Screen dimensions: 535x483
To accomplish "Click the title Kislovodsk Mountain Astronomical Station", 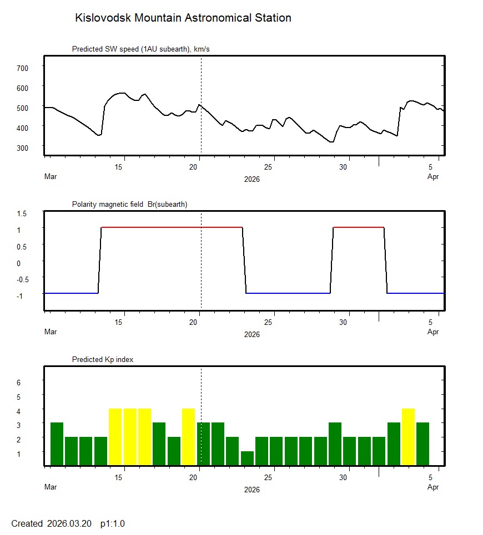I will click(183, 18).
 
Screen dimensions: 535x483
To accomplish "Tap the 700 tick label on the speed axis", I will click(22, 68).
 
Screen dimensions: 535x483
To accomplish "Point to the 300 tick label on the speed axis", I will click(22, 147).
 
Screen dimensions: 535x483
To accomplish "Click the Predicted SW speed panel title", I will click(140, 49).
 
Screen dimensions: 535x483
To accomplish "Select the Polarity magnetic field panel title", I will click(129, 204).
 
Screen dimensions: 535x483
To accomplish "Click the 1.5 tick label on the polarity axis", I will click(23, 213).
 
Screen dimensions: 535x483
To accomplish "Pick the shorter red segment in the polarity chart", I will click(358, 227).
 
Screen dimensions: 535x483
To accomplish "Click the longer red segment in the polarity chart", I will click(172, 227).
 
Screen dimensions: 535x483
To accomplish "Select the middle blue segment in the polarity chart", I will click(288, 293).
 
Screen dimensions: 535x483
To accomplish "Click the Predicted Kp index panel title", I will click(103, 359).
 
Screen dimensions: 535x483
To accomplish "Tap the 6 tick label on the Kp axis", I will click(18, 383).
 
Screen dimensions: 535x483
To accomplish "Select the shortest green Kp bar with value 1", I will click(247, 458).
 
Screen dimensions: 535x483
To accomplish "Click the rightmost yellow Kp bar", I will click(408, 437).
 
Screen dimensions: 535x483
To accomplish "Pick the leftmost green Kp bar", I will click(57, 444).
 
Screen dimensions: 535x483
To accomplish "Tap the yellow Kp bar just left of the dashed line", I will click(188, 437).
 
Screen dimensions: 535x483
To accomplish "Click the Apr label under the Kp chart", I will click(433, 487).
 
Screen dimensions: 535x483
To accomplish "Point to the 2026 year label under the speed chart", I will click(252, 180).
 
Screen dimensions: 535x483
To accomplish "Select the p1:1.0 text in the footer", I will click(112, 523).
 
